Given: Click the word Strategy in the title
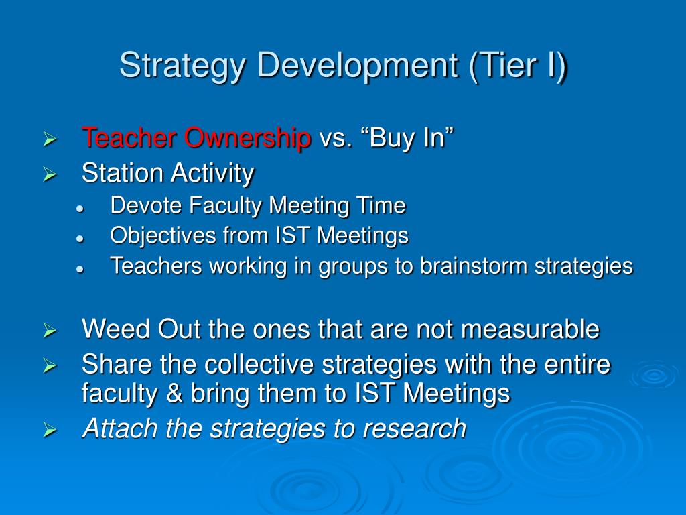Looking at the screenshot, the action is pyautogui.click(x=182, y=66).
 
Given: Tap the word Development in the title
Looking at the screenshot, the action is pyautogui.click(x=358, y=66).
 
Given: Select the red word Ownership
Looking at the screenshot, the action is pyautogui.click(x=247, y=138).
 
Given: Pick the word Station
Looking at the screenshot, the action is pyautogui.click(x=123, y=173).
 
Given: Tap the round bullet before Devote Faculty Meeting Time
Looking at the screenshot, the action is pyautogui.click(x=80, y=209).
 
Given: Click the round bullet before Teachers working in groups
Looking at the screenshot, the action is pyautogui.click(x=80, y=270).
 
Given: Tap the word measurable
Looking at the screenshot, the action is pyautogui.click(x=531, y=329).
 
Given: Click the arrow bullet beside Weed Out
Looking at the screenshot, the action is pyautogui.click(x=50, y=330).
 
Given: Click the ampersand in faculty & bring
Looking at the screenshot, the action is pyautogui.click(x=174, y=393).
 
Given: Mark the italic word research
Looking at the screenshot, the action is pyautogui.click(x=415, y=428).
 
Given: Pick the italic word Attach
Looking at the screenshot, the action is pyautogui.click(x=120, y=428).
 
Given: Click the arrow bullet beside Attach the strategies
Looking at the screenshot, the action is pyautogui.click(x=50, y=430).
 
